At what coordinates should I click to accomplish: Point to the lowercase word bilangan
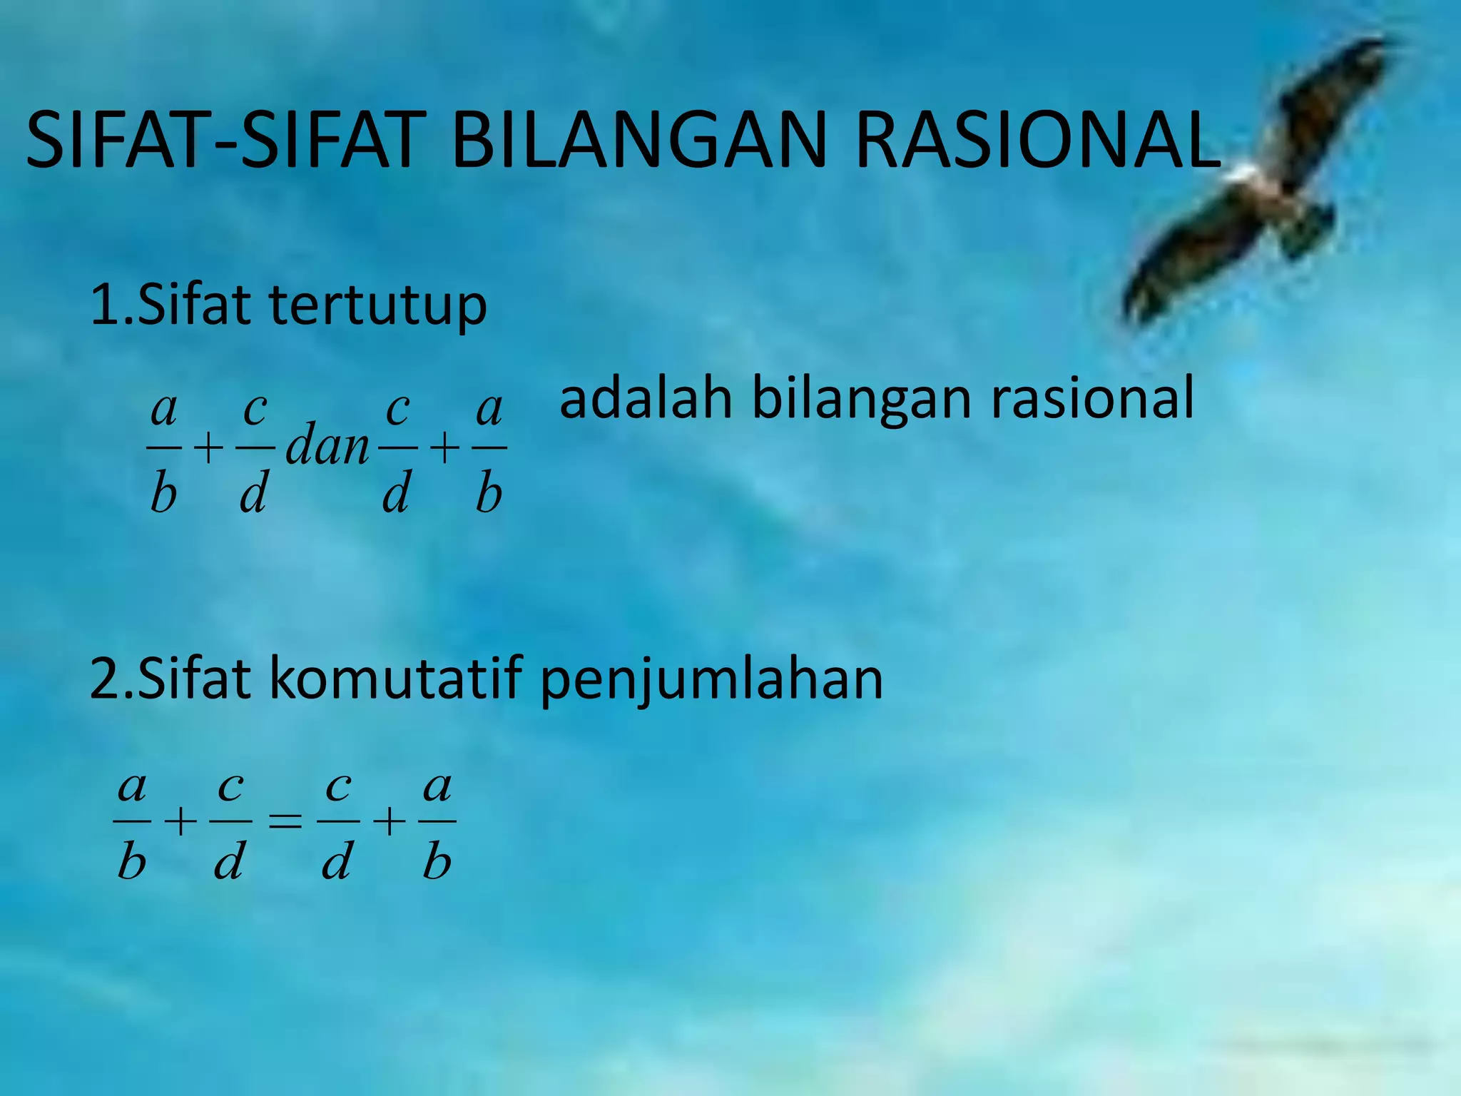pyautogui.click(x=862, y=401)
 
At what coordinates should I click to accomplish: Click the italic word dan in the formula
pyautogui.click(x=327, y=445)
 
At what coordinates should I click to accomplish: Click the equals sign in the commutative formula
pyautogui.click(x=284, y=822)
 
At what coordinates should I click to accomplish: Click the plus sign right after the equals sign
pyautogui.click(x=390, y=822)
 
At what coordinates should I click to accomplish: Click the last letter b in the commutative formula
pyautogui.click(x=437, y=862)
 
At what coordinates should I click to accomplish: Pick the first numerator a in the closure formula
pyautogui.click(x=164, y=410)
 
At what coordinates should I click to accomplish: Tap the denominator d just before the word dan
pyautogui.click(x=253, y=494)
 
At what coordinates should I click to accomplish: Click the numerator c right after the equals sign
pyautogui.click(x=337, y=787)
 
